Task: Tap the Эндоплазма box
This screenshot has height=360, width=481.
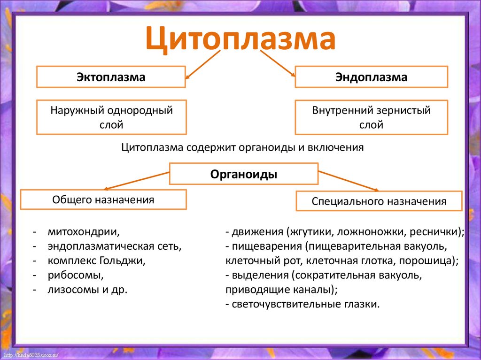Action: (371, 77)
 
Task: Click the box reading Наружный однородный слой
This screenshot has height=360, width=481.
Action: (111, 117)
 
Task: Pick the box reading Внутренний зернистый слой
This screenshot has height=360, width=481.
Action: (371, 117)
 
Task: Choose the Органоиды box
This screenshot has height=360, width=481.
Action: (243, 174)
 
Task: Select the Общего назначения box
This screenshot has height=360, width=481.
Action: (103, 199)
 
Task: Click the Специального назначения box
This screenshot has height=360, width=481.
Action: (379, 202)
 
